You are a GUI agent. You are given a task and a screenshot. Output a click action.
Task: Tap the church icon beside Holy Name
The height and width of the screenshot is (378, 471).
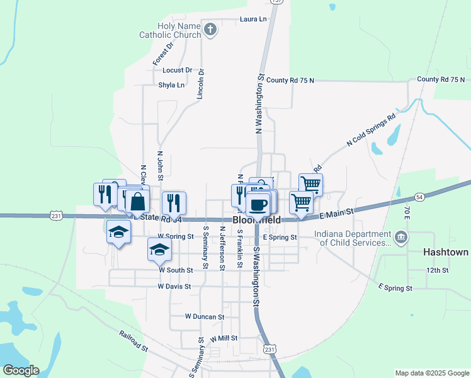[x=210, y=28]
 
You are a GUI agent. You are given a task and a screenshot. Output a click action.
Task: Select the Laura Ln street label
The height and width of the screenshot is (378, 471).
[x=253, y=20]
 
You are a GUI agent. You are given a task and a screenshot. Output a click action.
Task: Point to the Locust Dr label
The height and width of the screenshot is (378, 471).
[x=177, y=71]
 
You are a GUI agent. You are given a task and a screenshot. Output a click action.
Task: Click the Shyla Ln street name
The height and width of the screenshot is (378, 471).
[x=171, y=85]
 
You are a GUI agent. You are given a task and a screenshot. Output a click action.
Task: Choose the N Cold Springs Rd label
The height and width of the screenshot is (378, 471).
[x=371, y=131]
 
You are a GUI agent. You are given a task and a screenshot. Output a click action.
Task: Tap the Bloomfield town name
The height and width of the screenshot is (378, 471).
[x=257, y=220]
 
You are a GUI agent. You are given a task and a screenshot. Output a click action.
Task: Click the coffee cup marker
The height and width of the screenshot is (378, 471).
[x=258, y=203]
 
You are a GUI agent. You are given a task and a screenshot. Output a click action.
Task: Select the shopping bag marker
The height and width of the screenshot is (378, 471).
[x=138, y=202]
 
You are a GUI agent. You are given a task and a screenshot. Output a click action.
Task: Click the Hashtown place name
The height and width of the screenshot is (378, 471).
[x=446, y=252]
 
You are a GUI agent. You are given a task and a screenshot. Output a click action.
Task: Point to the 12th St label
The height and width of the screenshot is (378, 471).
[x=436, y=270]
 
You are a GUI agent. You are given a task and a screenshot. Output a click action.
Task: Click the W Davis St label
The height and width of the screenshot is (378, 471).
[x=174, y=287]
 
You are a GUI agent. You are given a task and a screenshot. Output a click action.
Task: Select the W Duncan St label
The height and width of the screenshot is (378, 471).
[x=205, y=317]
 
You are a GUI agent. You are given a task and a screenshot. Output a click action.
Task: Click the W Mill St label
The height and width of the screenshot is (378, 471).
[x=224, y=338]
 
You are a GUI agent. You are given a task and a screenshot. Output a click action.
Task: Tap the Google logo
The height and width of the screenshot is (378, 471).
[x=21, y=370]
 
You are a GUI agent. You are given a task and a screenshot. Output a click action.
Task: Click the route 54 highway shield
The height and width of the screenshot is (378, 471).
[x=419, y=197]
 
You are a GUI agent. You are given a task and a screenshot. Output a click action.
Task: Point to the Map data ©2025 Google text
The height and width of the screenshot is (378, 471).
[x=432, y=373]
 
